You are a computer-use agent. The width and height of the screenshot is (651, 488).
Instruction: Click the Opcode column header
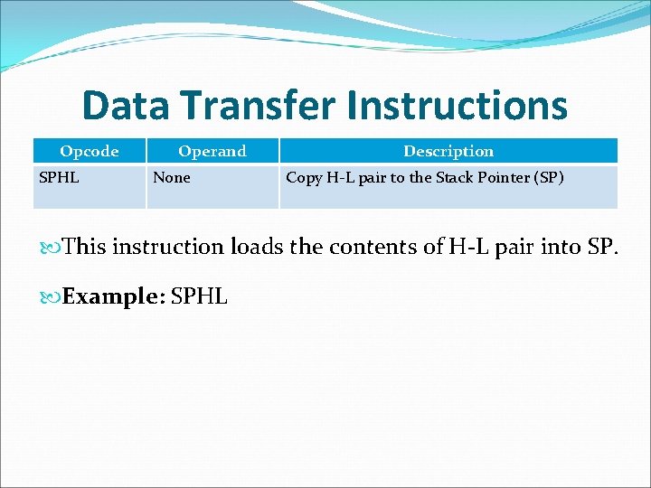pos(89,151)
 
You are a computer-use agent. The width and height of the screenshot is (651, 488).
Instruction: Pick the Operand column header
pos(212,151)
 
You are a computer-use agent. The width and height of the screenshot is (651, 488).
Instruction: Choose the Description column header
pos(448,151)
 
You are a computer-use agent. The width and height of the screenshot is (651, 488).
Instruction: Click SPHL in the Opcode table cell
pos(59,177)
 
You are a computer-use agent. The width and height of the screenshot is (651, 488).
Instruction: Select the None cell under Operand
pos(172,177)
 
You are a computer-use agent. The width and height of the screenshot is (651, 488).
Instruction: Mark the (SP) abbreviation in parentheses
pos(550,177)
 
